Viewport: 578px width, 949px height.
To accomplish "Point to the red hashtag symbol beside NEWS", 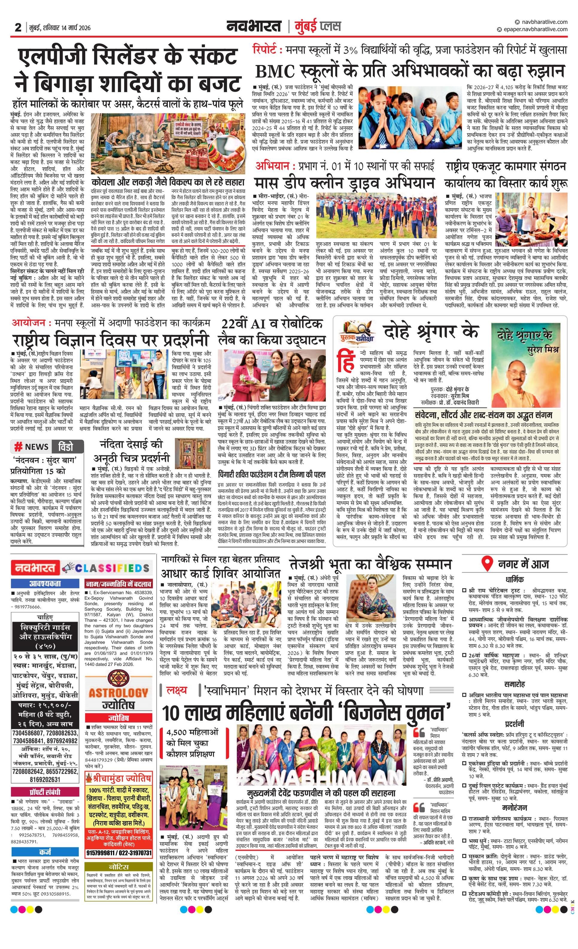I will pos(18,447).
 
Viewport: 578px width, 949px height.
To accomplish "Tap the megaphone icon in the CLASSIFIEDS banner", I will pos(68,568).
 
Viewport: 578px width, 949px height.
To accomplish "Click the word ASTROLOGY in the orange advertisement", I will pos(118,693).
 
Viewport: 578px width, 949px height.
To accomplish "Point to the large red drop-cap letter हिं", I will pos(346,361).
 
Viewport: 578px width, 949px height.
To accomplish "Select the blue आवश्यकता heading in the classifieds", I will pos(45,583).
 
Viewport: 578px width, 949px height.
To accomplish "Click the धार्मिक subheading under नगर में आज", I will pos(515,580).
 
